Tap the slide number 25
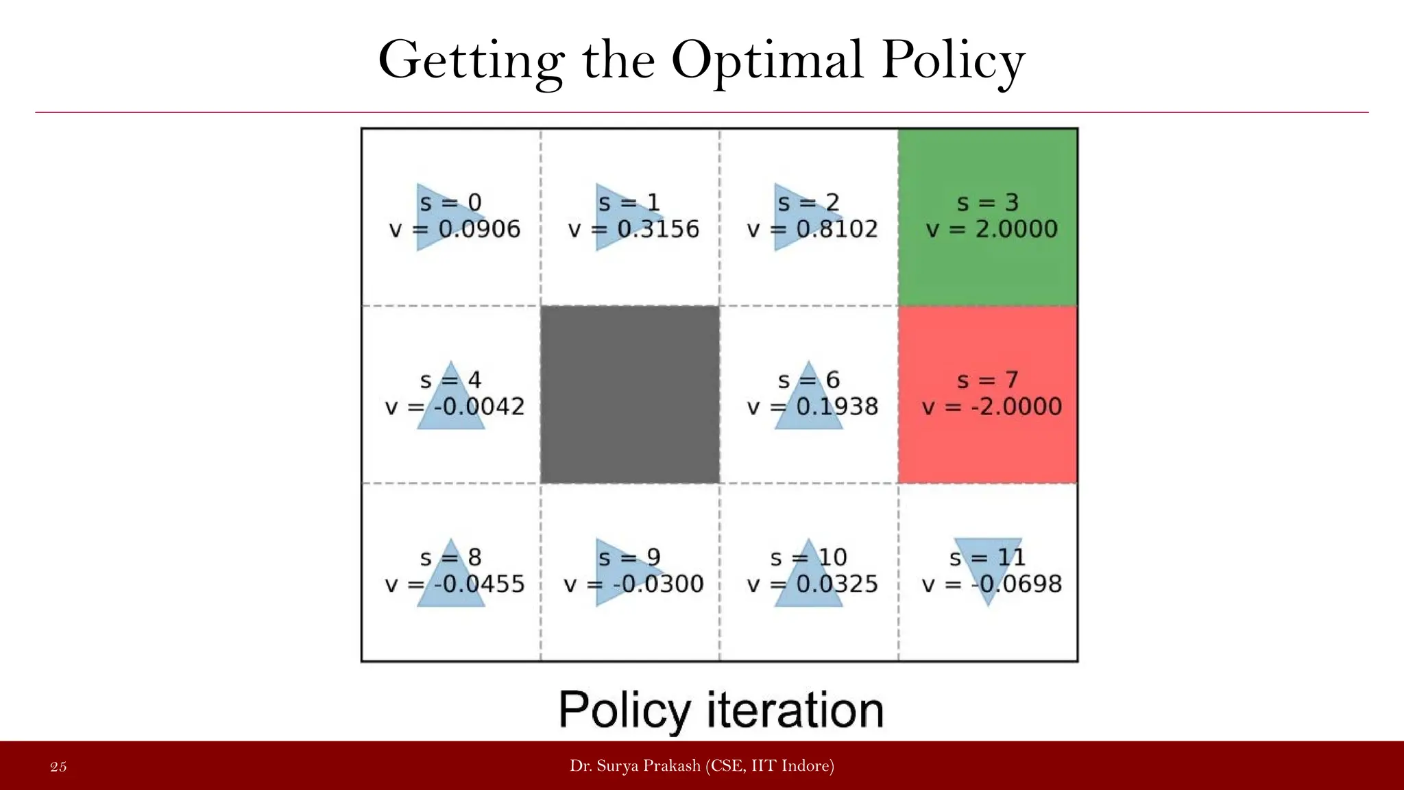pos(58,767)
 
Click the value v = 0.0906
pos(455,229)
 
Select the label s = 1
pos(629,203)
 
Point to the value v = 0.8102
pos(812,229)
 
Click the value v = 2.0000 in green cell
pos(992,229)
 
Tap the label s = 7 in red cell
pos(987,380)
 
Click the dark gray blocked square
pos(630,395)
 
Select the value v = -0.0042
pos(455,407)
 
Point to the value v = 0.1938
pos(812,407)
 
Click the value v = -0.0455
pos(455,584)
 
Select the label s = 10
pos(808,558)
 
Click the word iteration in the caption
pos(795,710)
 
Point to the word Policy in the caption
pos(625,710)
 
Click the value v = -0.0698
pos(992,584)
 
